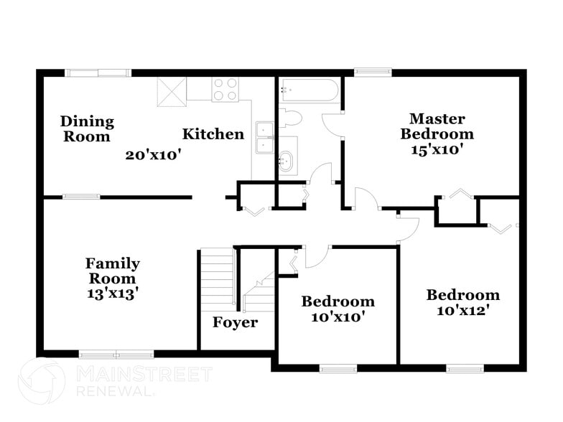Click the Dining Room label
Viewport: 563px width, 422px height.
pos(86,128)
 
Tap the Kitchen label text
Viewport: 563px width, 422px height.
pos(213,134)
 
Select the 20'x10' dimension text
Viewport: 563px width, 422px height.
pos(154,154)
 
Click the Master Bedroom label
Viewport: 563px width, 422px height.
pos(437,126)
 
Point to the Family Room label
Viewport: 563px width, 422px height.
pos(112,271)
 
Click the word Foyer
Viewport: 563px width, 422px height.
pos(235,323)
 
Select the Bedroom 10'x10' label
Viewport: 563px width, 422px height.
pos(338,309)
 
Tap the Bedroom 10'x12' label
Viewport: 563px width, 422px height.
pos(462,302)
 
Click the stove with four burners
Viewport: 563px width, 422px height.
pos(224,90)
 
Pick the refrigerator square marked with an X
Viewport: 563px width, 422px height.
pos(172,91)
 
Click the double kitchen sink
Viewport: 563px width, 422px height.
pos(265,138)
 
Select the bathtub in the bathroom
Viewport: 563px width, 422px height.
pos(310,90)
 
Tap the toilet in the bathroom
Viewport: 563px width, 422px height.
pos(291,118)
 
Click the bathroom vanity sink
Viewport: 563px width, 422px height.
pos(287,161)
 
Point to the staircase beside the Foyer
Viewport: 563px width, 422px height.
pos(218,280)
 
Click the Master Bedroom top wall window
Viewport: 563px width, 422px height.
pos(373,72)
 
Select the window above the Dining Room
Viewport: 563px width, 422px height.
pos(98,72)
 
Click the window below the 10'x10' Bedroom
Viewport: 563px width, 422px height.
pos(338,369)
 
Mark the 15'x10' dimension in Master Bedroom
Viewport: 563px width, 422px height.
pos(437,149)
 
